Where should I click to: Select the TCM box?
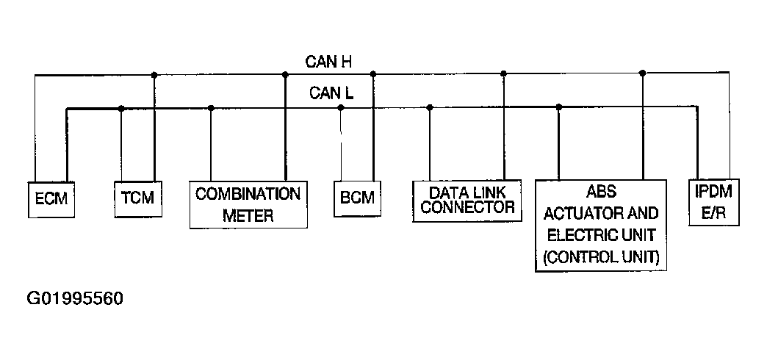click(x=138, y=198)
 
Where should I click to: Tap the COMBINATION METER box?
click(x=248, y=204)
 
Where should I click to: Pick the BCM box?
click(x=357, y=198)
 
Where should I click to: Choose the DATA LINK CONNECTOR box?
click(x=467, y=200)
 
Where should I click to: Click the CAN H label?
click(x=328, y=61)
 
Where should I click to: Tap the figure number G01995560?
click(x=74, y=300)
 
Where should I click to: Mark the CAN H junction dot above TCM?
click(x=154, y=74)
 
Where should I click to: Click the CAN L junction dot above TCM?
click(x=121, y=109)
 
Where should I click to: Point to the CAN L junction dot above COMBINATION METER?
click(x=211, y=109)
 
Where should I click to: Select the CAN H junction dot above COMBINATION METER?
click(x=285, y=74)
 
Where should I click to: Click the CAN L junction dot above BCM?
click(x=341, y=108)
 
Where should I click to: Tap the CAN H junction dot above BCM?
click(x=373, y=74)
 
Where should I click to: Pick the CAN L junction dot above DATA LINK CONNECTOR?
click(x=430, y=108)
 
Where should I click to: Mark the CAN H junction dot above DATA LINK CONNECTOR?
click(x=504, y=73)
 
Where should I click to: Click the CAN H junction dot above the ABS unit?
click(x=643, y=73)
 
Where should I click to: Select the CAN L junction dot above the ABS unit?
click(x=559, y=107)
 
